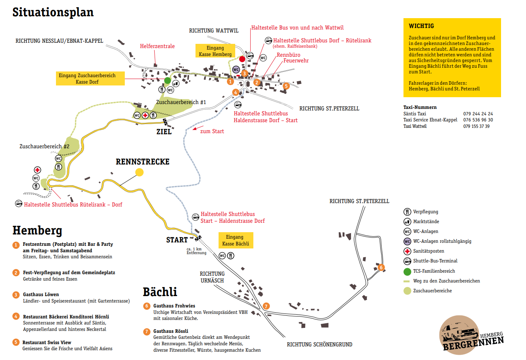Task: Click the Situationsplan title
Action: (53, 12)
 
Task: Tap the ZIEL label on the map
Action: (164, 132)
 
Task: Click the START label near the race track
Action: (177, 240)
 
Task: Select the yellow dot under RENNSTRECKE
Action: (140, 172)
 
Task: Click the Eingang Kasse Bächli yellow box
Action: (236, 240)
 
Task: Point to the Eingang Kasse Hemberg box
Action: (215, 51)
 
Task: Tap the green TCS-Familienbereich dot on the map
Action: (168, 81)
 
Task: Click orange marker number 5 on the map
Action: (286, 86)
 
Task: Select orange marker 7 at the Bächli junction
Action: (266, 306)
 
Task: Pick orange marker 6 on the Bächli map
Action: (381, 267)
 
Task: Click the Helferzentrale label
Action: (157, 46)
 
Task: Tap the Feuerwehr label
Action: (296, 61)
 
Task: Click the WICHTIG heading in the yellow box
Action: (421, 26)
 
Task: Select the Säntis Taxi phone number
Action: (478, 114)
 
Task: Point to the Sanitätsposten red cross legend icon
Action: (407, 251)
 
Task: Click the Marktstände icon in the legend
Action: (407, 222)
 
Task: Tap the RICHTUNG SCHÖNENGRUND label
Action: (320, 344)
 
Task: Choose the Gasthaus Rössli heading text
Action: (171, 331)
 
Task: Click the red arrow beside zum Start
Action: (198, 128)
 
